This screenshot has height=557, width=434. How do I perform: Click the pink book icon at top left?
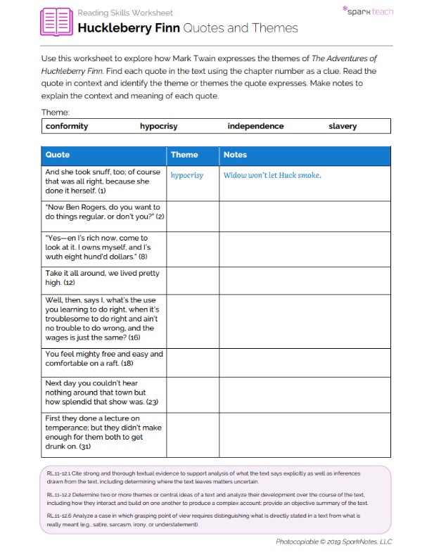[x=56, y=22]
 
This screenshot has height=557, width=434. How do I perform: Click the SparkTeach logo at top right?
[x=367, y=11]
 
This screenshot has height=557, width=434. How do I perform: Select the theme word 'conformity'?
[x=67, y=126]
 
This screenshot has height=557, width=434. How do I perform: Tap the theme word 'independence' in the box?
[x=255, y=126]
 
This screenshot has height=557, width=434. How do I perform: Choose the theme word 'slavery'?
[x=343, y=126]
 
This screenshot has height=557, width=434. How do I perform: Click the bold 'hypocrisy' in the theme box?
[x=158, y=126]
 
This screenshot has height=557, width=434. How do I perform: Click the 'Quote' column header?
[x=58, y=155]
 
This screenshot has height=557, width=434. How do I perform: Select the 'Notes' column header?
[x=235, y=155]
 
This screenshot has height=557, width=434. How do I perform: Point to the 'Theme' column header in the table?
[x=184, y=155]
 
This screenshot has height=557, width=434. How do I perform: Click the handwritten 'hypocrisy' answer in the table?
[x=186, y=175]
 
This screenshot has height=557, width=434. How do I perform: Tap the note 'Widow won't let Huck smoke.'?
[x=272, y=175]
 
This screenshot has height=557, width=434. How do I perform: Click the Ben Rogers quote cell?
[x=104, y=212]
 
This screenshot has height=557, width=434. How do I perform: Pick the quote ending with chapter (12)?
[x=104, y=278]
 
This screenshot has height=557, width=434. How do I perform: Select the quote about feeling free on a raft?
[x=104, y=359]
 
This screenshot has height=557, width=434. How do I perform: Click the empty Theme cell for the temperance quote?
[x=192, y=432]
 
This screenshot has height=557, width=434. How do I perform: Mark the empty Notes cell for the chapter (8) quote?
[x=305, y=248]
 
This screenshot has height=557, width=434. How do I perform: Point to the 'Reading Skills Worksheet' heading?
[x=125, y=13]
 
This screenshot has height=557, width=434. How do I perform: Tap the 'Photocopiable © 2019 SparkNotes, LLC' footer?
[x=333, y=542]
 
